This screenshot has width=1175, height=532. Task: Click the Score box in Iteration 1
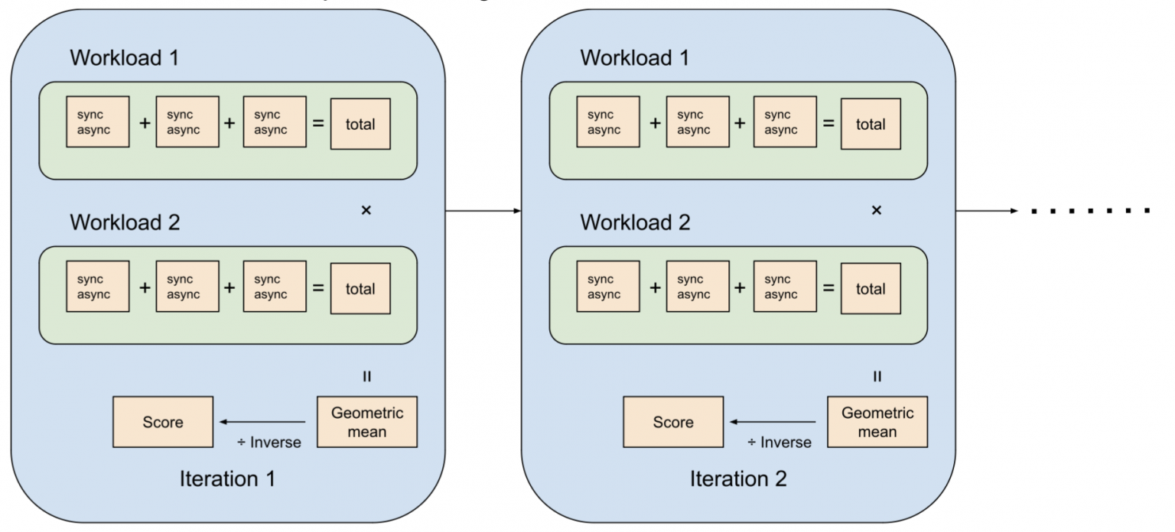point(163,422)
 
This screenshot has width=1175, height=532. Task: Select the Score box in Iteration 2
point(673,422)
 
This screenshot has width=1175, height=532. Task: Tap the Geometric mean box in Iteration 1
point(366,422)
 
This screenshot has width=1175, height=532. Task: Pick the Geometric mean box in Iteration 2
point(877,422)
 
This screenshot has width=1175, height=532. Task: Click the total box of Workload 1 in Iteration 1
point(360,124)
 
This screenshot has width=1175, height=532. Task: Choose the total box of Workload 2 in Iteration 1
point(360,289)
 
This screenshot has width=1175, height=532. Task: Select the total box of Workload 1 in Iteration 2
point(871,124)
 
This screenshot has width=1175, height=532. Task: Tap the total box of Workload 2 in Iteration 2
point(871,289)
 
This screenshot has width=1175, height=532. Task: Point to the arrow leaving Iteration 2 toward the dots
point(990,210)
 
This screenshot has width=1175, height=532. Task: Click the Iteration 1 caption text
point(227,479)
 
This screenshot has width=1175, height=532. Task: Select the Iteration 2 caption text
point(738,479)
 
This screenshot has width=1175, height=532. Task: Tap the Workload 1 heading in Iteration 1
point(125,58)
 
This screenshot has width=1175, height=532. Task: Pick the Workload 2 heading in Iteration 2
point(635,222)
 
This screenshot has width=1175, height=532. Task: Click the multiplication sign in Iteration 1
point(366,210)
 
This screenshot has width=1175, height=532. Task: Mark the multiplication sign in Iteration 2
point(877,210)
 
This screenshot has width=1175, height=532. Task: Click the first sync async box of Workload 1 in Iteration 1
point(98,122)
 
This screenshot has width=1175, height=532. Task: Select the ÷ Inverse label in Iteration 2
point(780,443)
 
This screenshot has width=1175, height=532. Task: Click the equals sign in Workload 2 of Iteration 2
point(828,288)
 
